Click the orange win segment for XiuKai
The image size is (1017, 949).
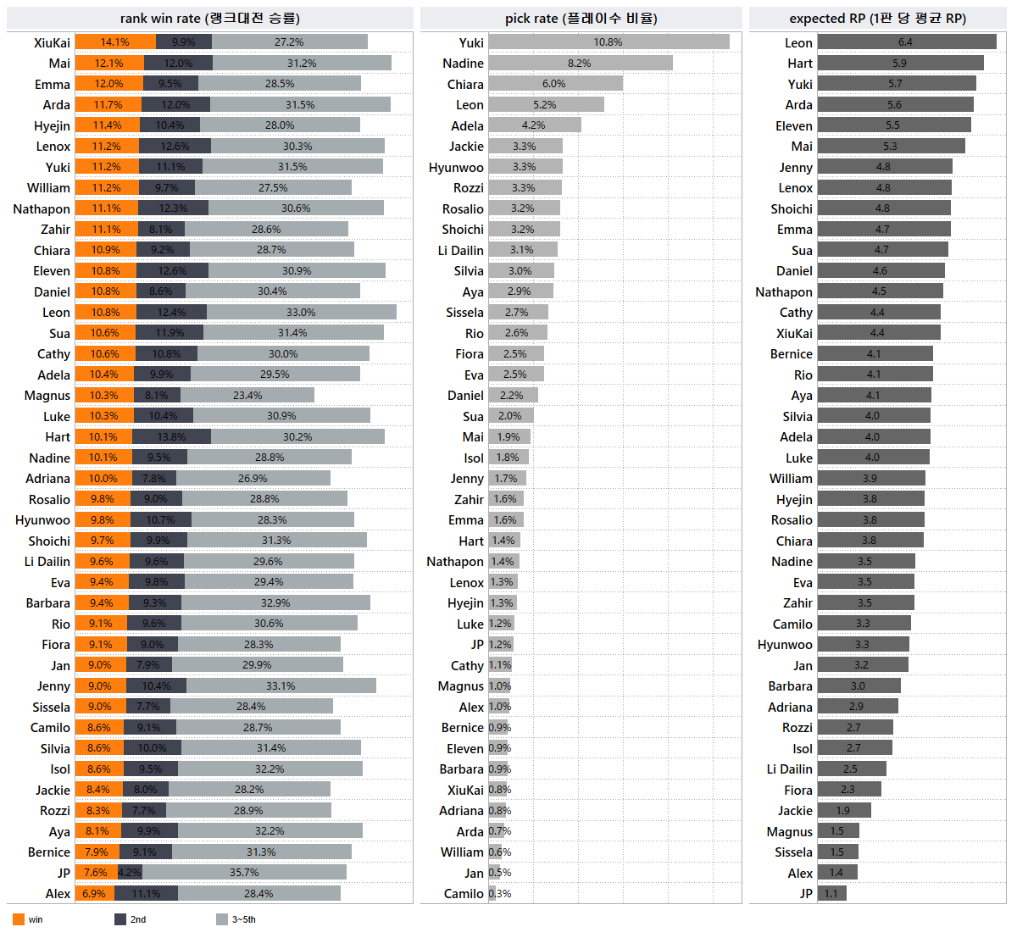tap(115, 42)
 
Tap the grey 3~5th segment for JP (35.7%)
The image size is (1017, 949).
tap(244, 873)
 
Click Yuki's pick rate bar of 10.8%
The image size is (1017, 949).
tap(608, 42)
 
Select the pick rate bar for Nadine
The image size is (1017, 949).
tap(580, 64)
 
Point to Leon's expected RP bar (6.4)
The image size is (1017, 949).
tap(906, 42)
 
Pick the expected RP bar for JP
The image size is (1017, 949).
tap(831, 894)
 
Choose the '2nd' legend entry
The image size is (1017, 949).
tap(131, 919)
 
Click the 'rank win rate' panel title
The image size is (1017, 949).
tap(210, 19)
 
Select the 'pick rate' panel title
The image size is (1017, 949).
tap(581, 19)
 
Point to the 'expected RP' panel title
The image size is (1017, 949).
tap(878, 19)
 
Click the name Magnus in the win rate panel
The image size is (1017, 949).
tap(47, 396)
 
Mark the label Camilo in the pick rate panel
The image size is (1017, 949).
tap(464, 894)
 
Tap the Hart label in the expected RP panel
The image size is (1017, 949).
tap(799, 64)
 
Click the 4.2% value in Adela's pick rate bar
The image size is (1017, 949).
tap(534, 125)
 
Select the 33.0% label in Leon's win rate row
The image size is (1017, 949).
tap(301, 313)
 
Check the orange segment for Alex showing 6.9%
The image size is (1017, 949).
tap(94, 894)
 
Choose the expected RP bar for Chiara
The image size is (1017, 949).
tap(870, 541)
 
